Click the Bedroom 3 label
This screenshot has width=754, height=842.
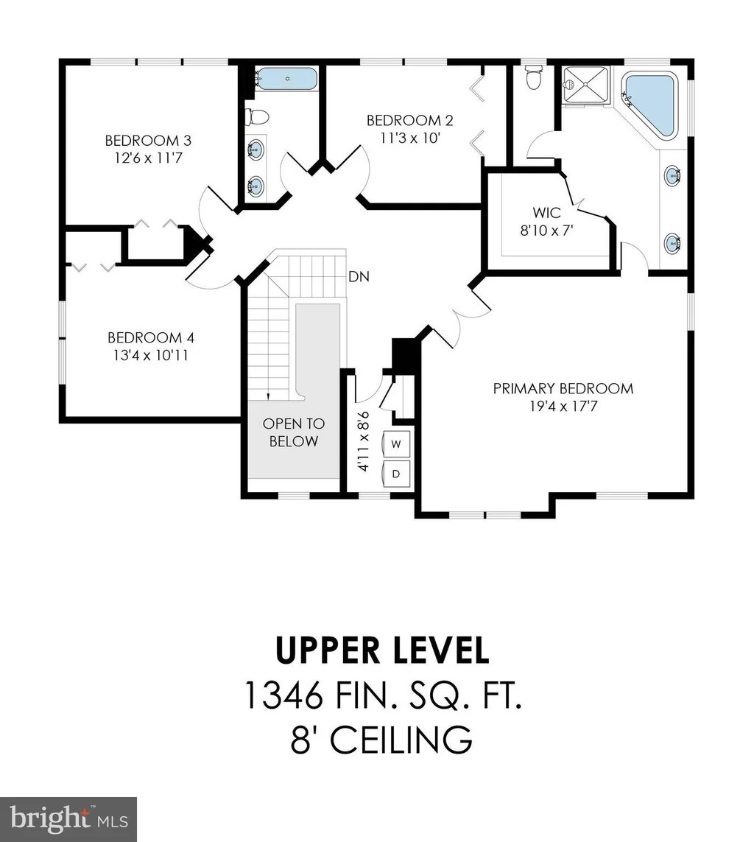coord(148,141)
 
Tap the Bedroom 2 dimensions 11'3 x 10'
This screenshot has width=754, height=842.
coord(410,138)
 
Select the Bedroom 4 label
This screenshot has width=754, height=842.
coord(151,338)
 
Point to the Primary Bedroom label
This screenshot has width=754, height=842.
coord(563,388)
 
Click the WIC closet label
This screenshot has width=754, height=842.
coord(546,213)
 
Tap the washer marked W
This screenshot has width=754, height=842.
coord(396,444)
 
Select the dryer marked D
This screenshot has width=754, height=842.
coord(396,474)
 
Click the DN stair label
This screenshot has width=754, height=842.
coord(359,276)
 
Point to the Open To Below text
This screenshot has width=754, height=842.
coord(294,432)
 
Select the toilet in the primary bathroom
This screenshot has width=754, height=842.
coord(533,77)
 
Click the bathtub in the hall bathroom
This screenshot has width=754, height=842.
coord(285,78)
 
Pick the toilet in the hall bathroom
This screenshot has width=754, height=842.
coord(256,116)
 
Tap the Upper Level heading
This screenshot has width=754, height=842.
coord(382,650)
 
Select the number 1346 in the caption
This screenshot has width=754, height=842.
coord(284,695)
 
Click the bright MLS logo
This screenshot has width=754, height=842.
coord(68,819)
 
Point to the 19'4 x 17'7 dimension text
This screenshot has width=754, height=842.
coord(563,406)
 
